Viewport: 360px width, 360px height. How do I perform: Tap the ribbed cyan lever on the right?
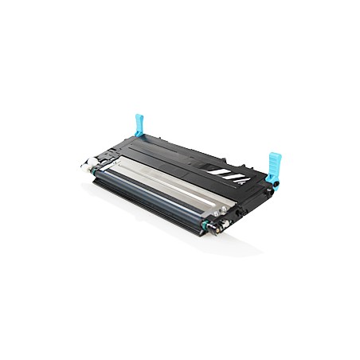[x=276, y=164]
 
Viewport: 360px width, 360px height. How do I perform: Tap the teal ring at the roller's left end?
[x=97, y=170]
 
